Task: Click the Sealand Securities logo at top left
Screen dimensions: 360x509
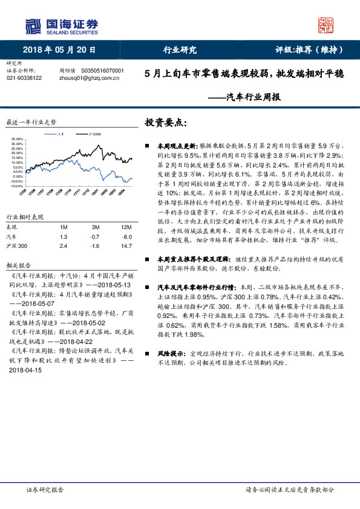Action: pyautogui.click(x=61, y=25)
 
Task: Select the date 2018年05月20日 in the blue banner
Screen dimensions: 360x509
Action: pyautogui.click(x=59, y=50)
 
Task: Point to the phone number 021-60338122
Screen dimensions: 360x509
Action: pyautogui.click(x=24, y=78)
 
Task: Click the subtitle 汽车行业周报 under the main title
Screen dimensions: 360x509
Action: pyautogui.click(x=253, y=97)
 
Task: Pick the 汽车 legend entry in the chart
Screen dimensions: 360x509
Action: pyautogui.click(x=60, y=134)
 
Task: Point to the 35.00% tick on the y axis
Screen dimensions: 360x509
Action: pyautogui.click(x=16, y=140)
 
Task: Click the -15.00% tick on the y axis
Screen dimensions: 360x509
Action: pyautogui.click(x=16, y=186)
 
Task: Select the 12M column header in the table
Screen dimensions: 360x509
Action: pyautogui.click(x=126, y=227)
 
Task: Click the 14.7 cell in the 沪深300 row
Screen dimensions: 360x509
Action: pyautogui.click(x=126, y=247)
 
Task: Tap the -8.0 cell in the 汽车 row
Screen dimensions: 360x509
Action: pyautogui.click(x=126, y=237)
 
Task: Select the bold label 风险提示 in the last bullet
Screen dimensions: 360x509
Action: pyautogui.click(x=169, y=352)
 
